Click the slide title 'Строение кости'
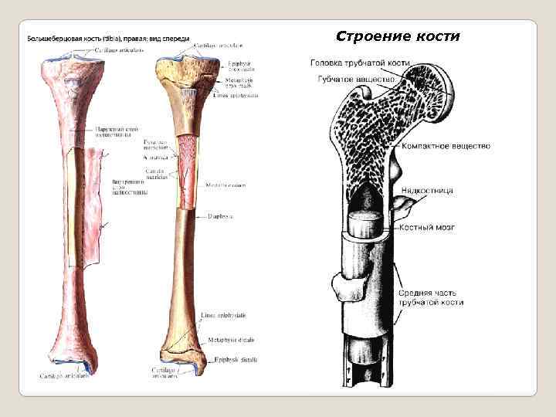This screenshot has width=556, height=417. click(398, 37)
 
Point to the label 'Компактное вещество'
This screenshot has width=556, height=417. click(446, 147)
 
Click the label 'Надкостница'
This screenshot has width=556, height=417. click(426, 190)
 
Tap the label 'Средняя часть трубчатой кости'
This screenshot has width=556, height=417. click(431, 298)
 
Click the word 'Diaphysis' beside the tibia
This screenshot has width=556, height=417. click(219, 216)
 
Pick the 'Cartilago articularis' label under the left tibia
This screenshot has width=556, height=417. click(65, 376)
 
